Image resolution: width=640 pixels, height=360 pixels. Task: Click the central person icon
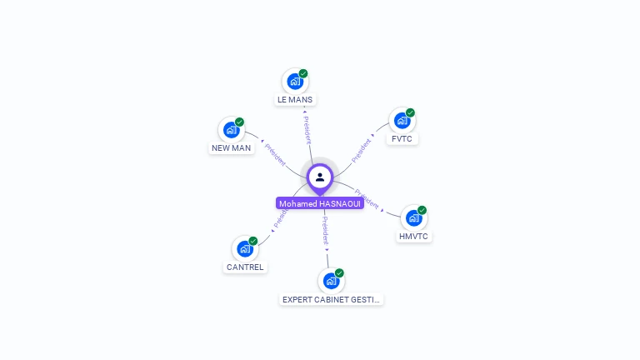320,177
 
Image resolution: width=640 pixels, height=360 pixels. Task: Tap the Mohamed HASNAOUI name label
320,203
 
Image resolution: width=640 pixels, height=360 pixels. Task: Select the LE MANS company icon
294,82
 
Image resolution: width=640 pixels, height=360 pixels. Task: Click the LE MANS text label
295,100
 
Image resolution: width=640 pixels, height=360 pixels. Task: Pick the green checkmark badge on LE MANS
303,73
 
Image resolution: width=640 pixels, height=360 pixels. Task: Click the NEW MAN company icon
231,130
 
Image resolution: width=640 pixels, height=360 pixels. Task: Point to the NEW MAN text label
231,148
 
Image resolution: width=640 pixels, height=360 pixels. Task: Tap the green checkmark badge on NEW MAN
239,122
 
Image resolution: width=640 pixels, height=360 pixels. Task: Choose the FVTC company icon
402,120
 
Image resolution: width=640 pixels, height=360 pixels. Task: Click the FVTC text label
402,138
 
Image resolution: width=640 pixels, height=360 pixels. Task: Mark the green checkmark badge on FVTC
410,112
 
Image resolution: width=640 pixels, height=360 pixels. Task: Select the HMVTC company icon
413,218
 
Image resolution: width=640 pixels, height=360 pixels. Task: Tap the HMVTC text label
414,237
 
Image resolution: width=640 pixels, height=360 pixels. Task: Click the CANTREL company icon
244,249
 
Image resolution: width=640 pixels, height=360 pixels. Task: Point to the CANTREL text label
245,267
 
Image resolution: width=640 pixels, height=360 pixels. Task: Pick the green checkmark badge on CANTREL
253,241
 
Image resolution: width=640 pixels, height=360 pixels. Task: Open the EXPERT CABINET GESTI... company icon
331,281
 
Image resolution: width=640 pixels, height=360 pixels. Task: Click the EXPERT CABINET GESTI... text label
332,299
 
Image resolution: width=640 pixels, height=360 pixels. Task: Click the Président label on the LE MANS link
307,130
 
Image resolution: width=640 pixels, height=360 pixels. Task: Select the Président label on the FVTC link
362,150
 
